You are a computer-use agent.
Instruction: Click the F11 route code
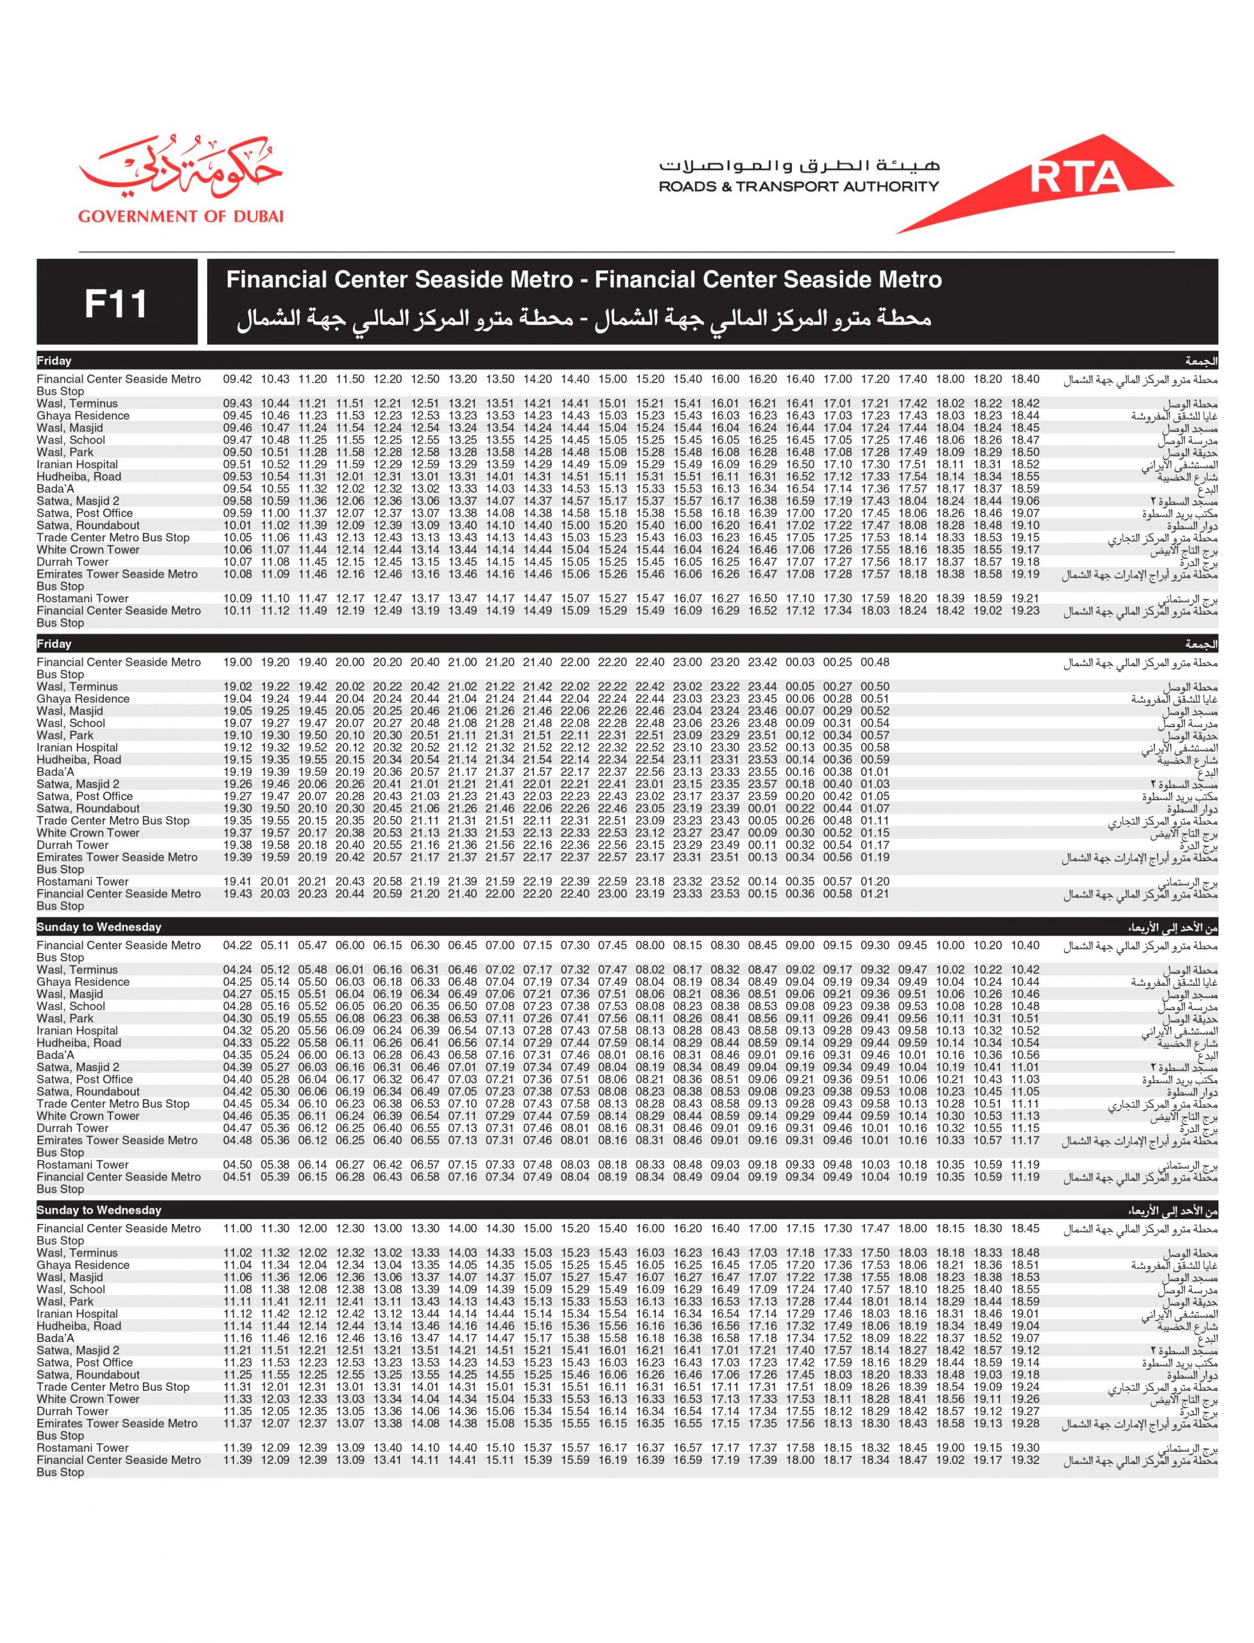[116, 304]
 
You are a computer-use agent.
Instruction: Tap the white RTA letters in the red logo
[1077, 176]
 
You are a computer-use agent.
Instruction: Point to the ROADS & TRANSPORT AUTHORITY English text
[798, 187]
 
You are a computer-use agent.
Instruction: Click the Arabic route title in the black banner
[584, 320]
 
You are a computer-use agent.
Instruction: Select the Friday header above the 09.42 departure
[55, 361]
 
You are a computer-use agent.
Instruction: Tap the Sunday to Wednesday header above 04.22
[99, 927]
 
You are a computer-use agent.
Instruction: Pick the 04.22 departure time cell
[237, 945]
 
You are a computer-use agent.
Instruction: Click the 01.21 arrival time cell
[875, 893]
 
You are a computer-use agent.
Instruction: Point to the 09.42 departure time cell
[237, 379]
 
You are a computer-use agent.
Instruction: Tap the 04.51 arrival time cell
[237, 1176]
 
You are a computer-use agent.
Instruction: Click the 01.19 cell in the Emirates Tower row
[875, 857]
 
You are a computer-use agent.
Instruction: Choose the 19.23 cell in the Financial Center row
[1025, 610]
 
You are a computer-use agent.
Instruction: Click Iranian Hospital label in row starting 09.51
[78, 464]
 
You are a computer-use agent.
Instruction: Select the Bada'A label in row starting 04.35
[55, 1054]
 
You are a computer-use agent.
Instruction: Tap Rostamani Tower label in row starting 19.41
[83, 882]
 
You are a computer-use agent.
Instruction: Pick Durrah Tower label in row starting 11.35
[73, 1411]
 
